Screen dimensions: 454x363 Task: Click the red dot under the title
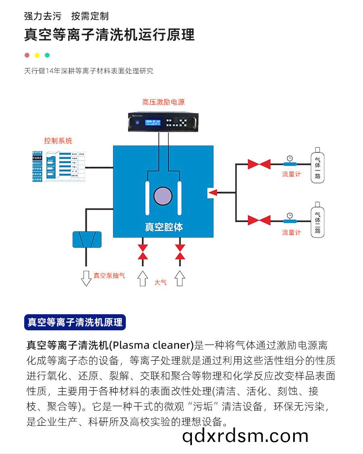tap(27, 55)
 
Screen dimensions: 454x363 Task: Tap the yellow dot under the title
tap(37, 55)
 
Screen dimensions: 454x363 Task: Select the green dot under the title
tap(47, 55)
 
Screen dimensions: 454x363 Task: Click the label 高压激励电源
tap(163, 102)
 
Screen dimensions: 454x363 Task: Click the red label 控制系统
tap(58, 141)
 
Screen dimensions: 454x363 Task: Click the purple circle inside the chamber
tap(163, 196)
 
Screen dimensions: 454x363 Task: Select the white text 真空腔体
tap(164, 227)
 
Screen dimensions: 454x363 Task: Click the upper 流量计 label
tap(291, 174)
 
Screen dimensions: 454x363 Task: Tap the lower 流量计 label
tap(291, 232)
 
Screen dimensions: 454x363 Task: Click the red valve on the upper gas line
tap(259, 164)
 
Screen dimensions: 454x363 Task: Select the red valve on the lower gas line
tap(259, 220)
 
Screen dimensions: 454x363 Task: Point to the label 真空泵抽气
tap(109, 276)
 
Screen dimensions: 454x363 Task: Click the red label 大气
tap(160, 282)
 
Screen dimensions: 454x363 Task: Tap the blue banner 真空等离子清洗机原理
tap(75, 322)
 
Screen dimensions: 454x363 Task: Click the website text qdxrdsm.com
tap(245, 436)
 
